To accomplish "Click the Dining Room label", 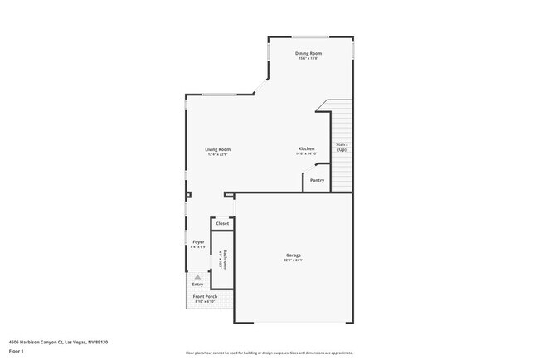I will click(x=309, y=53).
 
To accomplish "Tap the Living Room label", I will click(x=218, y=149).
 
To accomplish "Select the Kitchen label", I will click(x=307, y=148).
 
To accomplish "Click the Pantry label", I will click(x=317, y=180).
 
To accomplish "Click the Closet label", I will click(x=222, y=224).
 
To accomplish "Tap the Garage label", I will click(x=294, y=255).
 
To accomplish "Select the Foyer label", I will click(x=198, y=241).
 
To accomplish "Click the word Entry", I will click(x=197, y=285).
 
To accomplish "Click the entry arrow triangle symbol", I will click(x=197, y=276).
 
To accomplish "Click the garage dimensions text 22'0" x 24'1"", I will click(x=294, y=260).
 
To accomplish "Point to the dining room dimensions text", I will click(x=309, y=58).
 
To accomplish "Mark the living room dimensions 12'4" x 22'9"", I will click(x=218, y=154).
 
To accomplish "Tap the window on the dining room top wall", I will click(x=309, y=36).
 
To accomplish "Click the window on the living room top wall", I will click(x=221, y=94).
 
